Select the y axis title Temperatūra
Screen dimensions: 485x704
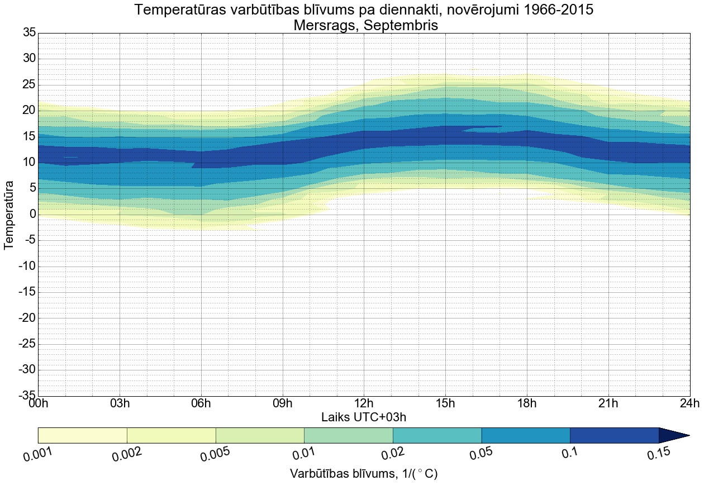(9, 215)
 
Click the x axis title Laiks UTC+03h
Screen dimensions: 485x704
(364, 417)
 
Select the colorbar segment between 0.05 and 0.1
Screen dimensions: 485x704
(525, 435)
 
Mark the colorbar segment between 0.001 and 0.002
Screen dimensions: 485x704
(83, 435)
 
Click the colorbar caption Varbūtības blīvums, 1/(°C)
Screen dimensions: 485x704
(364, 474)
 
